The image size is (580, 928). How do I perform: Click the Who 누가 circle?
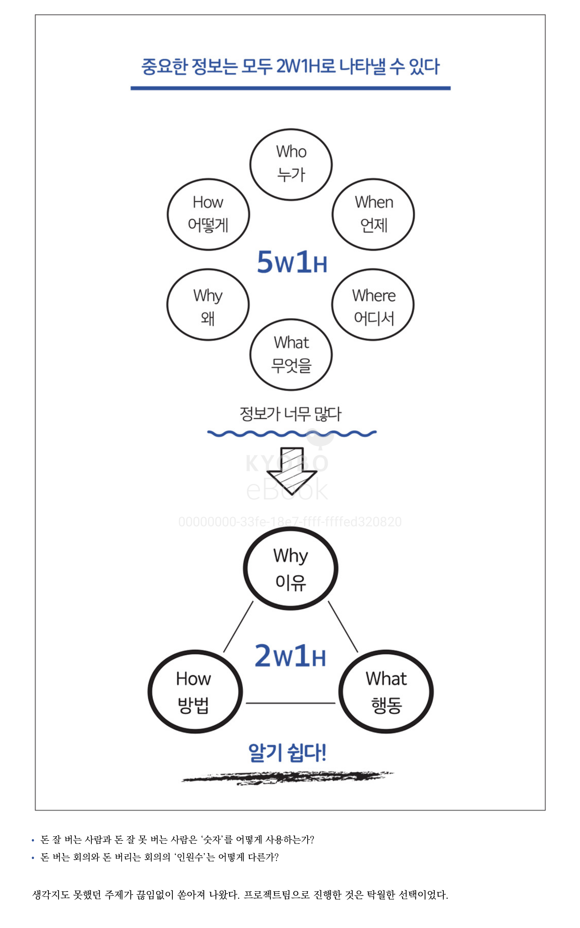tap(291, 164)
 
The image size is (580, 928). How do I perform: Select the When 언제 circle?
tap(373, 214)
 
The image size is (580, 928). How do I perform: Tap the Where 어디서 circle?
tap(373, 305)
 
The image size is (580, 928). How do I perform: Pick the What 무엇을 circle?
tap(291, 354)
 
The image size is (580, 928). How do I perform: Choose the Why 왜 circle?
tap(208, 305)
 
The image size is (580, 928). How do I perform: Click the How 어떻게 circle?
tap(208, 214)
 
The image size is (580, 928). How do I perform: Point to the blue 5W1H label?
tap(292, 262)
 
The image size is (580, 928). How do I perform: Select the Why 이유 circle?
tap(290, 568)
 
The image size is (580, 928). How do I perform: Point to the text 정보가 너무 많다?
tap(290, 414)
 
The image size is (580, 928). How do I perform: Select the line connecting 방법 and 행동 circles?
tap(290, 703)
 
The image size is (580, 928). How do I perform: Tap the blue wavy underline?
tap(292, 434)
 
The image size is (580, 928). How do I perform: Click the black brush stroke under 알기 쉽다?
tap(288, 778)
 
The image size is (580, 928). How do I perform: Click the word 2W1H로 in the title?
tap(306, 66)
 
